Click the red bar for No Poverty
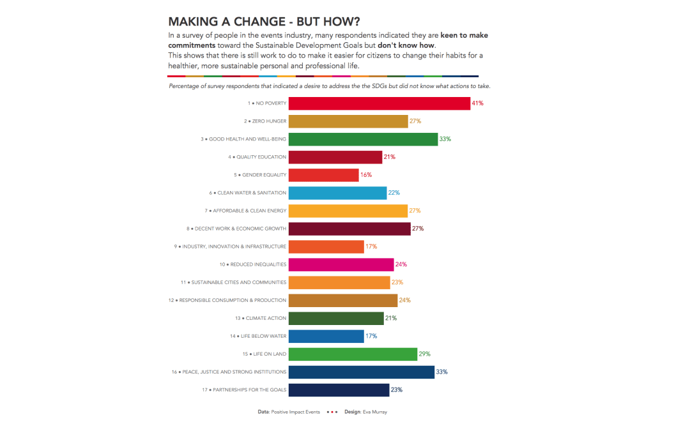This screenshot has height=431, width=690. pyautogui.click(x=379, y=103)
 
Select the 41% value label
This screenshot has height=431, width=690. pyautogui.click(x=477, y=103)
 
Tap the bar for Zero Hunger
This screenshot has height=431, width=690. pyautogui.click(x=348, y=121)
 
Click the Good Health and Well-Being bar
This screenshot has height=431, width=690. pyautogui.click(x=363, y=139)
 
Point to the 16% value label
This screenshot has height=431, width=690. pyautogui.click(x=366, y=175)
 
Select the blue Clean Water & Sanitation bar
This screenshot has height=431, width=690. pyautogui.click(x=337, y=193)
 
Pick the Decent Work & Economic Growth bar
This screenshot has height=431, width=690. pyautogui.click(x=349, y=229)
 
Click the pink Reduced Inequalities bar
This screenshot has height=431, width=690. pyautogui.click(x=341, y=264)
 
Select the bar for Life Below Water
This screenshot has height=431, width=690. pyautogui.click(x=326, y=336)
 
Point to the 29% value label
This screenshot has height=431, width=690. pyautogui.click(x=424, y=354)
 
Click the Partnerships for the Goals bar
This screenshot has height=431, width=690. pyautogui.click(x=339, y=389)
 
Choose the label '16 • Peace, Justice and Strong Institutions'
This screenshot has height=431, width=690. pyautogui.click(x=229, y=372)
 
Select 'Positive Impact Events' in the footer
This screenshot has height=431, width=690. pyautogui.click(x=296, y=412)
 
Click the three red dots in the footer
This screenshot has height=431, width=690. pyautogui.click(x=332, y=412)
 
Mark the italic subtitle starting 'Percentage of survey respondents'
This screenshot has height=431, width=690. pyautogui.click(x=329, y=86)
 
